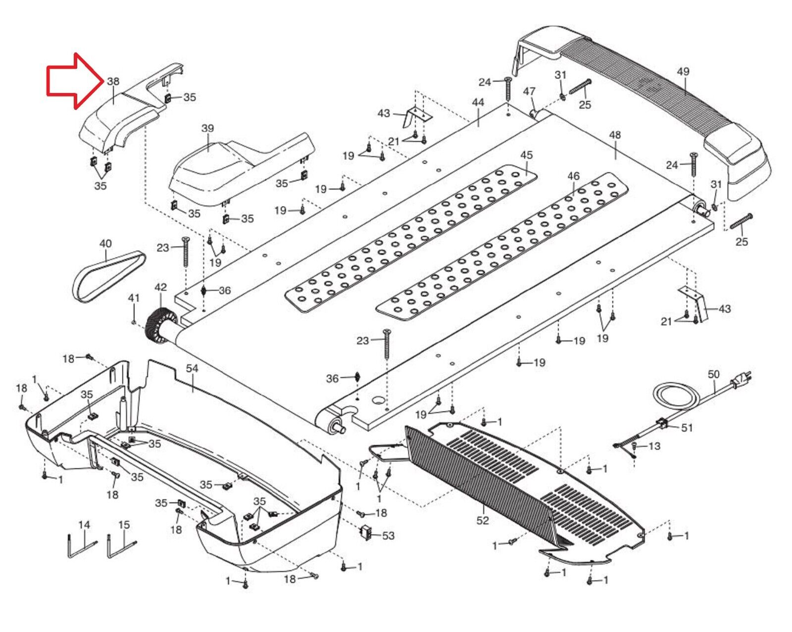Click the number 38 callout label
coord(113,81)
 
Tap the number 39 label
coord(207,129)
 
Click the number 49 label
coord(683,71)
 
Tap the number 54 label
coord(192,368)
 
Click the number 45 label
coord(527,155)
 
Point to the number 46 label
coord(573,176)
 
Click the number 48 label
coord(615,135)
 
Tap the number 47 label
coord(529,91)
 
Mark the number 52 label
coord(483,521)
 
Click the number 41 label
coord(134,298)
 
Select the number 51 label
coord(687,428)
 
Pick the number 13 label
coord(654,446)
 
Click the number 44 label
coord(478,103)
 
